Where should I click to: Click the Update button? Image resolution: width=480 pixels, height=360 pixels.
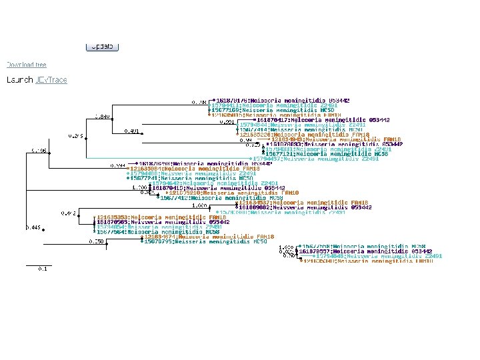102,47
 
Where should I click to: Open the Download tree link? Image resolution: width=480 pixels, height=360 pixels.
27,65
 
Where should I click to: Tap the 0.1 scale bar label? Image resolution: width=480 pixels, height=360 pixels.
41,269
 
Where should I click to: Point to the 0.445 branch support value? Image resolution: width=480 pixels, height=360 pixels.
33,227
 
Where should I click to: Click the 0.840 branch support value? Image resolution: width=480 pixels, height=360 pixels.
102,116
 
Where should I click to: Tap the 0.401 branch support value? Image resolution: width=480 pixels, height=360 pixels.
132,131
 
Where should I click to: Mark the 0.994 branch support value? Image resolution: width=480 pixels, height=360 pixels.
117,165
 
